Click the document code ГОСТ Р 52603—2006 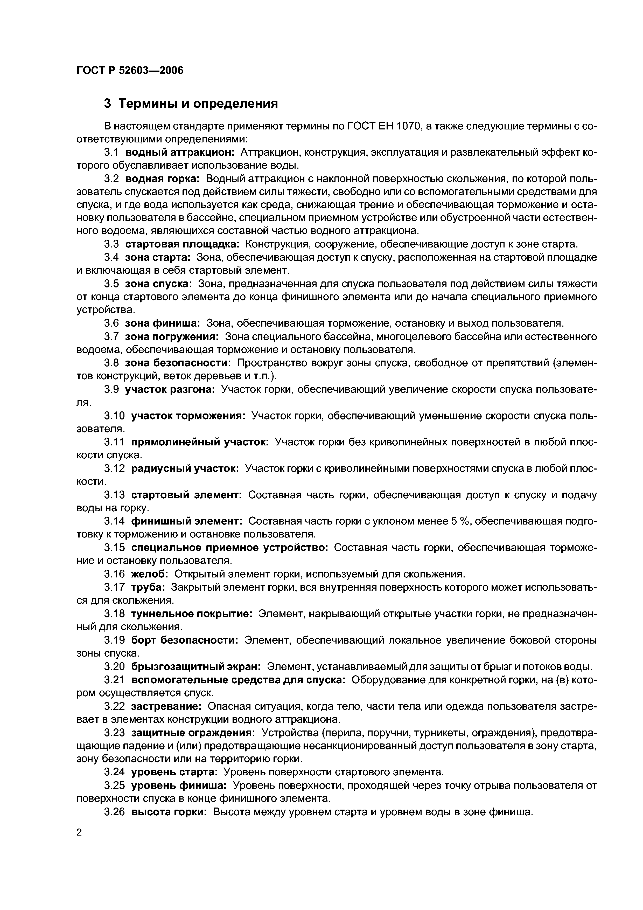(x=130, y=71)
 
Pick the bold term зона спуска (x=158, y=284)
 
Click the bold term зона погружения (x=172, y=337)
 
